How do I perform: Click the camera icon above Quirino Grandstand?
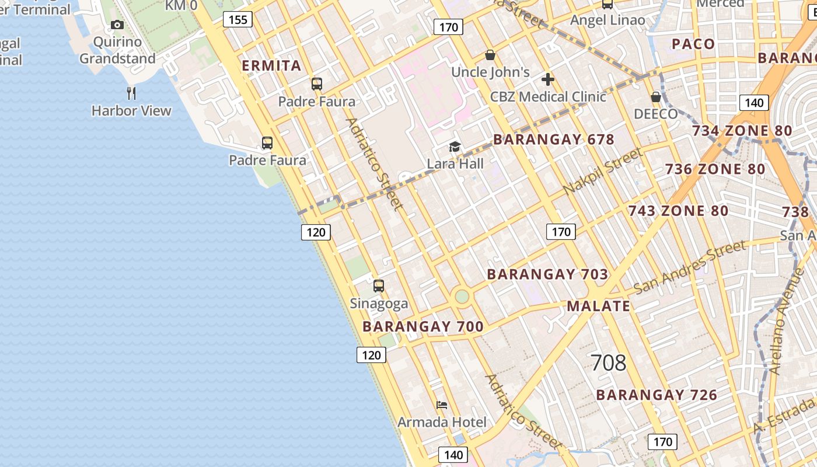(117, 25)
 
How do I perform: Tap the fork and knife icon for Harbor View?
(131, 93)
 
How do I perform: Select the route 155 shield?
(238, 20)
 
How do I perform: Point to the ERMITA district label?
(271, 65)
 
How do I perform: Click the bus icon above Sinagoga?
(379, 286)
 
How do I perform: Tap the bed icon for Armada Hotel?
(442, 405)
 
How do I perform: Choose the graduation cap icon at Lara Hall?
(455, 147)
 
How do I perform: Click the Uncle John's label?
(490, 72)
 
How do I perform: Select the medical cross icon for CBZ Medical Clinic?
(547, 79)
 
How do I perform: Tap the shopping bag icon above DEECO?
(656, 97)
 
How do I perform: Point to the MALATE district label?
(598, 306)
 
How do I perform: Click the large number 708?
(608, 363)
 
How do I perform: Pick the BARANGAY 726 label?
(657, 395)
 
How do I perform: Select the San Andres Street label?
(689, 267)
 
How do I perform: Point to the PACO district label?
(693, 44)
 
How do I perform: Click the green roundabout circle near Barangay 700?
(462, 297)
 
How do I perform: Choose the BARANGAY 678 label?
(554, 140)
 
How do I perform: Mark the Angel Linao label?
(607, 20)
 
